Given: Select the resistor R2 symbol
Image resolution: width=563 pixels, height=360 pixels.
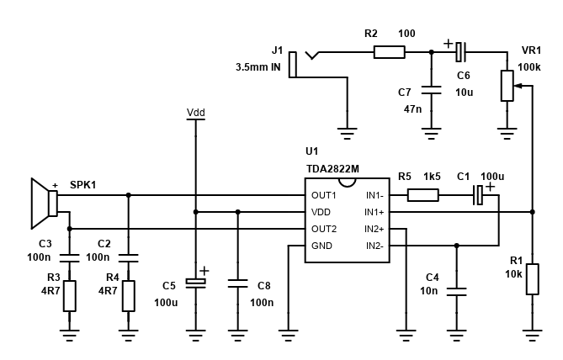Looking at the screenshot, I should click(x=389, y=52).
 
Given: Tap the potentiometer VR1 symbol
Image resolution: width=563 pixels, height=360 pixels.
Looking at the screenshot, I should click(x=507, y=85).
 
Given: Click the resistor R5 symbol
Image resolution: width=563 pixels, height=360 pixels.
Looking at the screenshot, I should click(x=422, y=195).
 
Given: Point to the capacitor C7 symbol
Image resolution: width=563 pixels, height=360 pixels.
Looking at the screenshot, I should click(x=431, y=88).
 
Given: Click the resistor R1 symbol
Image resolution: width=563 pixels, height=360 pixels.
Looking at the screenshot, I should click(x=532, y=279).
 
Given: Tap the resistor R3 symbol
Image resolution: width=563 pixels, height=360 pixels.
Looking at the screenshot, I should click(x=69, y=295).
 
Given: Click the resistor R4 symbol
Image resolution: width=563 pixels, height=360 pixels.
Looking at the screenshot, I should click(x=128, y=295).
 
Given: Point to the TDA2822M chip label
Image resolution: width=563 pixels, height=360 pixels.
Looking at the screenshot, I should click(x=332, y=168).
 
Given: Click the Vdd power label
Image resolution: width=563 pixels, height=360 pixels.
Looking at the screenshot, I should click(x=195, y=112).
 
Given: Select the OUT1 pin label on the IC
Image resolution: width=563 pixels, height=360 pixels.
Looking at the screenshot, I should click(x=324, y=195).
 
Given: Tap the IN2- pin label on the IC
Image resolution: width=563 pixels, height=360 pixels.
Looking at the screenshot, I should click(x=374, y=246).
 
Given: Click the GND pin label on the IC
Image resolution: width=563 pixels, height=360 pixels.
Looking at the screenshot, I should click(x=321, y=246).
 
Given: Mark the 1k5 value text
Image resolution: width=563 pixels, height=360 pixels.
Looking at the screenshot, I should click(x=432, y=177).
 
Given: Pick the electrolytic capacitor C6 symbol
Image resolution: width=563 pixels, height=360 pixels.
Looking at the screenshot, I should click(x=459, y=52).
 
